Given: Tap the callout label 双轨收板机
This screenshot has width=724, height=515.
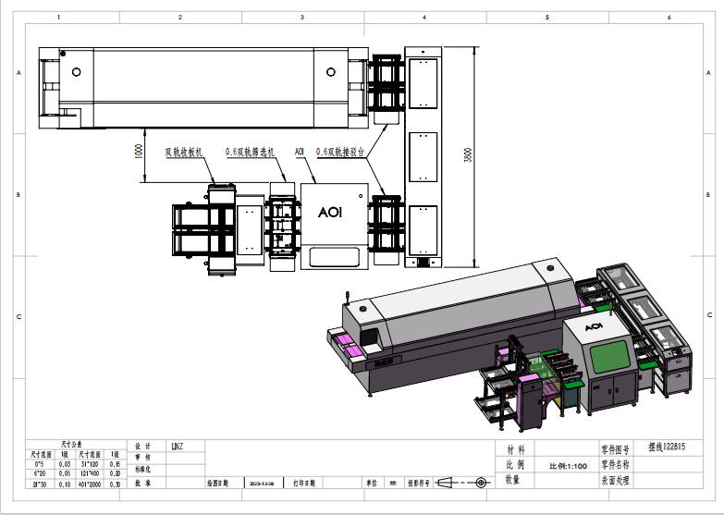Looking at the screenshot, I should click(x=184, y=152).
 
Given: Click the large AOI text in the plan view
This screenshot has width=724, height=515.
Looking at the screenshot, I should click(x=330, y=212).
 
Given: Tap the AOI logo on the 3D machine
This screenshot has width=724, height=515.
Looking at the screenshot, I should click(x=595, y=326).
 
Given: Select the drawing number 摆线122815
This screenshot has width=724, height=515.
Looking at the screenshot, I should click(x=667, y=447).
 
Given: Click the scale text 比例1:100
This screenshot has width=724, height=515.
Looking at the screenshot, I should click(x=569, y=466).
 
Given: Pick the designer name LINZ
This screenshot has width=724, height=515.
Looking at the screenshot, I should click(x=178, y=447).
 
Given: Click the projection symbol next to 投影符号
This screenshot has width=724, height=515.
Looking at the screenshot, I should click(x=460, y=483).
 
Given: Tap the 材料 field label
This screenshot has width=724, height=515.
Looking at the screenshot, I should click(x=515, y=448).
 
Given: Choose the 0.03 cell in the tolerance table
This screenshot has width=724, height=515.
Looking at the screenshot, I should click(x=65, y=463).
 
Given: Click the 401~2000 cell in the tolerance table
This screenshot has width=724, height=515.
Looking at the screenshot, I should click(x=91, y=484).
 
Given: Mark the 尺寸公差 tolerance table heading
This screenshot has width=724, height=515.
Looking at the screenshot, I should click(x=73, y=444).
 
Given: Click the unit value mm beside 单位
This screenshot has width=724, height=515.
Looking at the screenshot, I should click(x=392, y=483).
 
